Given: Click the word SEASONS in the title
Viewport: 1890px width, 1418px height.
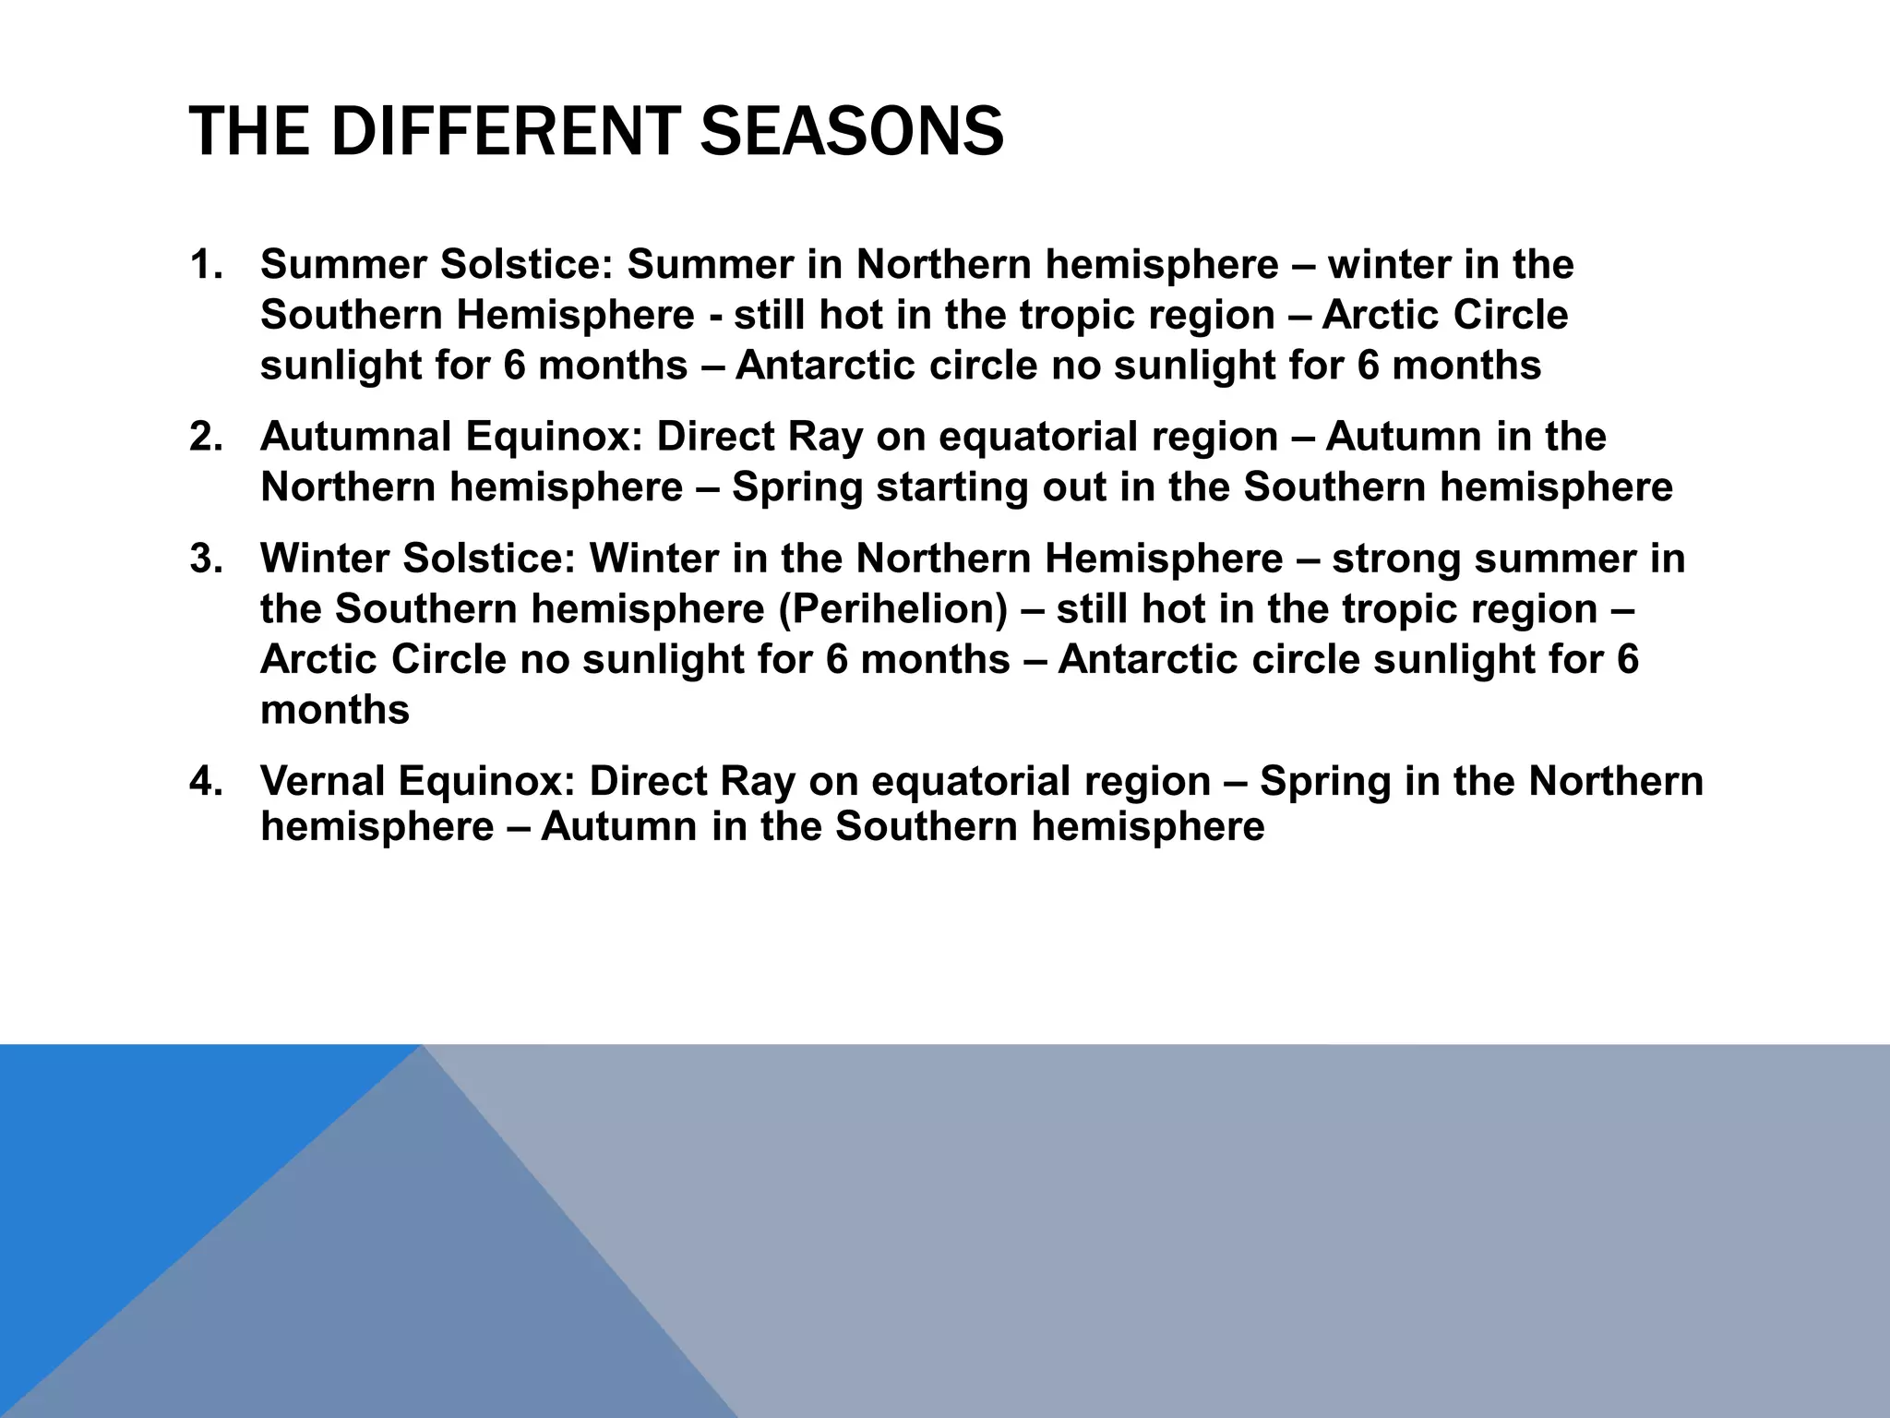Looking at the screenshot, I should [x=852, y=131].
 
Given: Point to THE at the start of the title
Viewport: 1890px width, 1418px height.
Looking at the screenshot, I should [x=248, y=131].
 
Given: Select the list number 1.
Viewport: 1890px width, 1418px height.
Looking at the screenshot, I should [x=205, y=265].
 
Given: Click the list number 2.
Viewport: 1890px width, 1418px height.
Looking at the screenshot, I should [x=205, y=437].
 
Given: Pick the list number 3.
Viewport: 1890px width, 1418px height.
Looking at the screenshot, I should [x=205, y=559].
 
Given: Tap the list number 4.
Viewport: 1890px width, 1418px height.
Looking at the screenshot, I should [x=205, y=781].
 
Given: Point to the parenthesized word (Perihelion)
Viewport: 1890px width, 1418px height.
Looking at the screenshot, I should [x=892, y=609].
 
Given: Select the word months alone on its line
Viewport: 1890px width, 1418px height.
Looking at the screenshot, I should [x=335, y=710].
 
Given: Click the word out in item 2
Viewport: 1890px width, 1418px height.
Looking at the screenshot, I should [x=1074, y=487].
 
